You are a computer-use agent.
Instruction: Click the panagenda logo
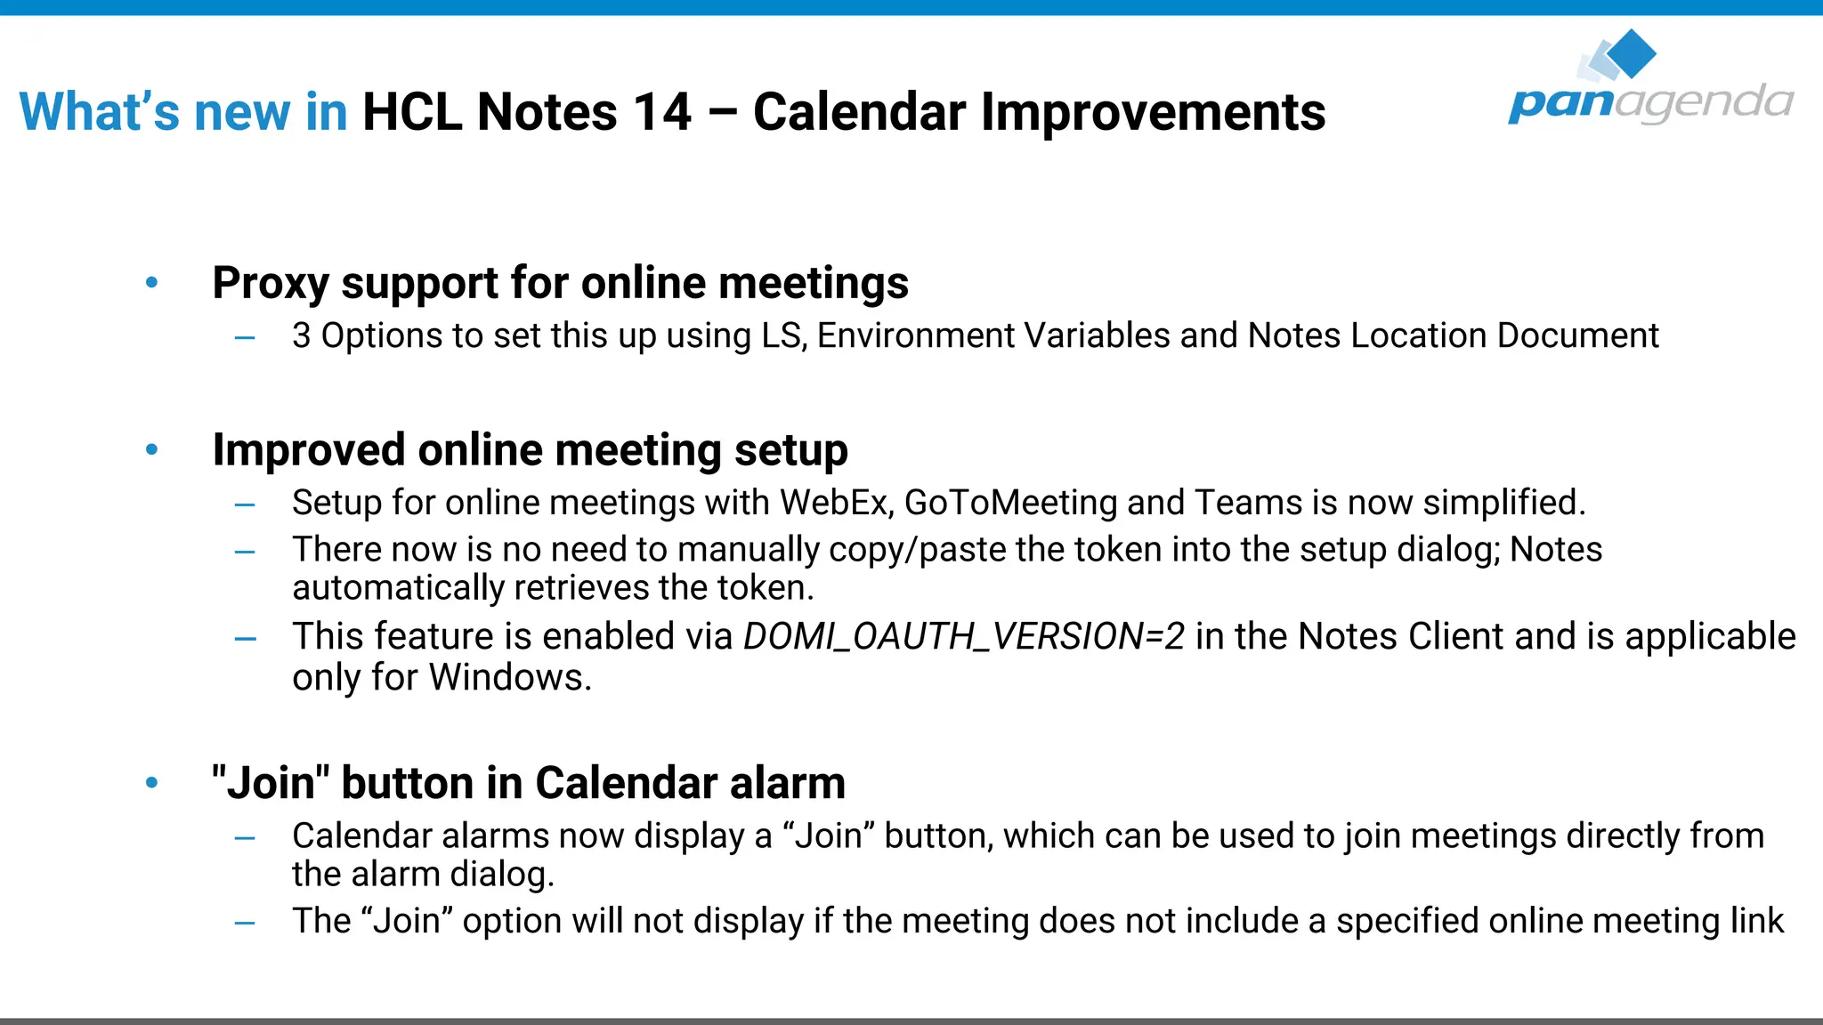[x=1650, y=80]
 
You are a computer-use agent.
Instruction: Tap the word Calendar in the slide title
[x=859, y=113]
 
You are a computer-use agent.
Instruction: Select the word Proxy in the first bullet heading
[x=271, y=284]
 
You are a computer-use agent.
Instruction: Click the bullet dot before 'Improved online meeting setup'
[x=152, y=450]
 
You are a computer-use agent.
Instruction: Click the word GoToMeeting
[x=1010, y=503]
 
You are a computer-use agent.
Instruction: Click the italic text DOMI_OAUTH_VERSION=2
[x=964, y=637]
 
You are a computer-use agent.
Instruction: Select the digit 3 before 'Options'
[x=302, y=336]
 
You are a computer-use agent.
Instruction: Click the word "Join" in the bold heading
[x=271, y=784]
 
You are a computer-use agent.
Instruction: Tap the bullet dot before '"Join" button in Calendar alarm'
[x=152, y=783]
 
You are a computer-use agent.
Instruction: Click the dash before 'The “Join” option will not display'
[x=245, y=923]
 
